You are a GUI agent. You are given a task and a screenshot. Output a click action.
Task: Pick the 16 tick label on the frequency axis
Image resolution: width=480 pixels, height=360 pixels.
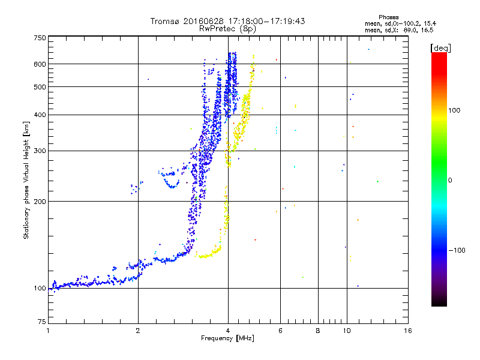click(x=407, y=331)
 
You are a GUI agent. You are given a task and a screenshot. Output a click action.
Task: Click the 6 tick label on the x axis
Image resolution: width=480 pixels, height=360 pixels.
click(x=280, y=331)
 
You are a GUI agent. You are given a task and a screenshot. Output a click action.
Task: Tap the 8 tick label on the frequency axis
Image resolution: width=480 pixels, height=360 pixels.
click(x=318, y=331)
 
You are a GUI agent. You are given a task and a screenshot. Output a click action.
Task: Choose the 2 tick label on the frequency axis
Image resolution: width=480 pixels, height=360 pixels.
click(x=138, y=331)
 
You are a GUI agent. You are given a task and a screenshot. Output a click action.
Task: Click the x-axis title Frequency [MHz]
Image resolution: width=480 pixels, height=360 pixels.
click(x=228, y=339)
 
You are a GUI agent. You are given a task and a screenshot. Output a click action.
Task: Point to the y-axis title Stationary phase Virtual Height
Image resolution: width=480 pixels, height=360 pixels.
click(x=26, y=180)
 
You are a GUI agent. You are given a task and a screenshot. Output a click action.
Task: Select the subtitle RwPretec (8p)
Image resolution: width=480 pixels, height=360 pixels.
click(x=228, y=28)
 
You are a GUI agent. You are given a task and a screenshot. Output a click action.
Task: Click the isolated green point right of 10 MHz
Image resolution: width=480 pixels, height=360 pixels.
click(x=377, y=181)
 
